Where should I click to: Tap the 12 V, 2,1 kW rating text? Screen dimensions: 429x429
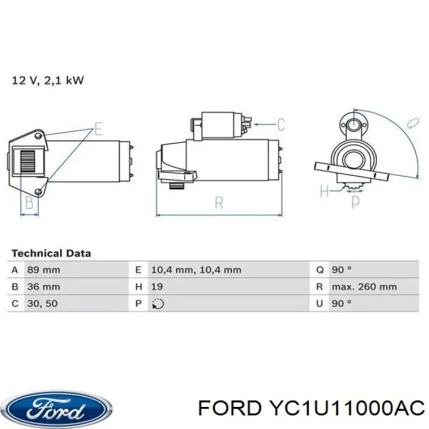[48, 80]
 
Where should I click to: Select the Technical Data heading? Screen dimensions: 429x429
[51, 253]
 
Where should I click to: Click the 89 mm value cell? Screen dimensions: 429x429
[44, 270]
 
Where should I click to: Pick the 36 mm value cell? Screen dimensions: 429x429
[44, 287]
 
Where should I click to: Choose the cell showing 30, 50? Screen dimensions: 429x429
[42, 303]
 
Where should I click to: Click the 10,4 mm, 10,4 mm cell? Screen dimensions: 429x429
[196, 270]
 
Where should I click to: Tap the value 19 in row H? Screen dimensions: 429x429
[157, 287]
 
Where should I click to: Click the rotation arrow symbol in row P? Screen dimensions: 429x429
[158, 304]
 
